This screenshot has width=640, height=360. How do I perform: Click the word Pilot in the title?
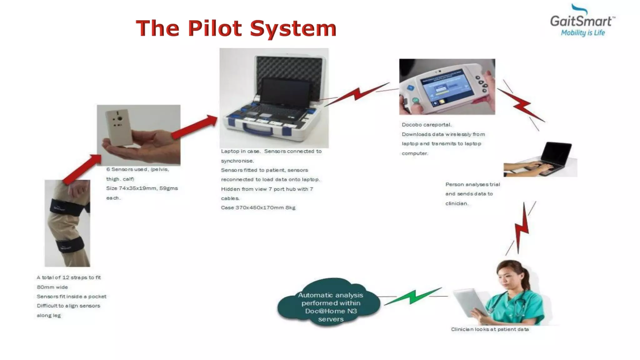[x=215, y=28]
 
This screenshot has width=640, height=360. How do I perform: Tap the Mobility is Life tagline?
[x=583, y=33]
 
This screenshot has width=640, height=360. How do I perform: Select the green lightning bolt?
[x=412, y=296]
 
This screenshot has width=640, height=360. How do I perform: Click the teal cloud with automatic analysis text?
[x=330, y=305]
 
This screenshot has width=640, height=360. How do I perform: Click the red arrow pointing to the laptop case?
[x=195, y=127]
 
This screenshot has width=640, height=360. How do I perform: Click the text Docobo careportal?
[x=427, y=125]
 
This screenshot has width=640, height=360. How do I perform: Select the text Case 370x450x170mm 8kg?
[x=258, y=207]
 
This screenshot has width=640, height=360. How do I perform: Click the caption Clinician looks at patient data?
[x=490, y=329]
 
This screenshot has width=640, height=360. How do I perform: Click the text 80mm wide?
[x=52, y=287]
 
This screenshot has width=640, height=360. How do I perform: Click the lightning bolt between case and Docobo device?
[x=358, y=94]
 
